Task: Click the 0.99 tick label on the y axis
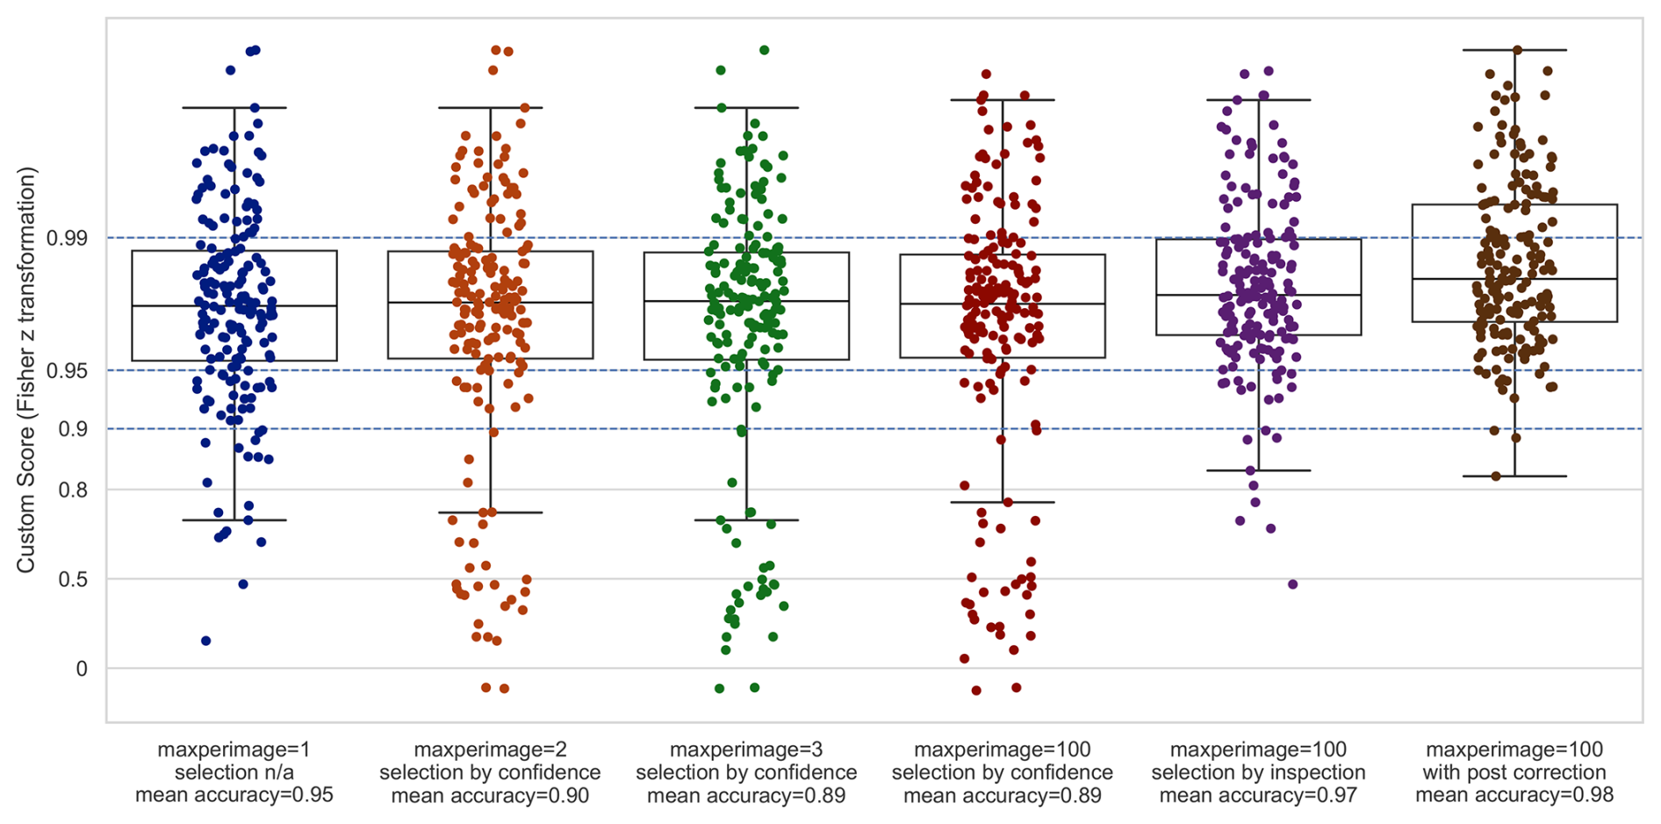pyautogui.click(x=67, y=238)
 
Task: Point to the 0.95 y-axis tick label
pyautogui.click(x=67, y=370)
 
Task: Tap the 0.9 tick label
pyautogui.click(x=74, y=429)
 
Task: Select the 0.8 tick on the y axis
pyautogui.click(x=74, y=490)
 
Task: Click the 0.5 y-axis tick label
pyautogui.click(x=74, y=579)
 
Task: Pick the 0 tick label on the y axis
pyautogui.click(x=82, y=669)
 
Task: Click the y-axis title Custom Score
pyautogui.click(x=26, y=369)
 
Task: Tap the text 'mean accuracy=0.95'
pyautogui.click(x=234, y=796)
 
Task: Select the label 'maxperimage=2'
pyautogui.click(x=490, y=750)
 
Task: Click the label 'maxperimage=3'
pyautogui.click(x=746, y=750)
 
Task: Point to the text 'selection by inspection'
pyautogui.click(x=1258, y=773)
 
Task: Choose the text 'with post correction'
pyautogui.click(x=1514, y=773)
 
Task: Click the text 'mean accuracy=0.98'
pyautogui.click(x=1514, y=796)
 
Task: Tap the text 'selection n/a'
pyautogui.click(x=234, y=773)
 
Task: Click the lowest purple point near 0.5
pyautogui.click(x=1292, y=584)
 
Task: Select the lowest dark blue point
pyautogui.click(x=206, y=641)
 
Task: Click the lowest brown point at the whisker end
pyautogui.click(x=1496, y=476)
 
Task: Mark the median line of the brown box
pyautogui.click(x=1514, y=279)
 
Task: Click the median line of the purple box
pyautogui.click(x=1258, y=295)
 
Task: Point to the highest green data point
pyautogui.click(x=765, y=50)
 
